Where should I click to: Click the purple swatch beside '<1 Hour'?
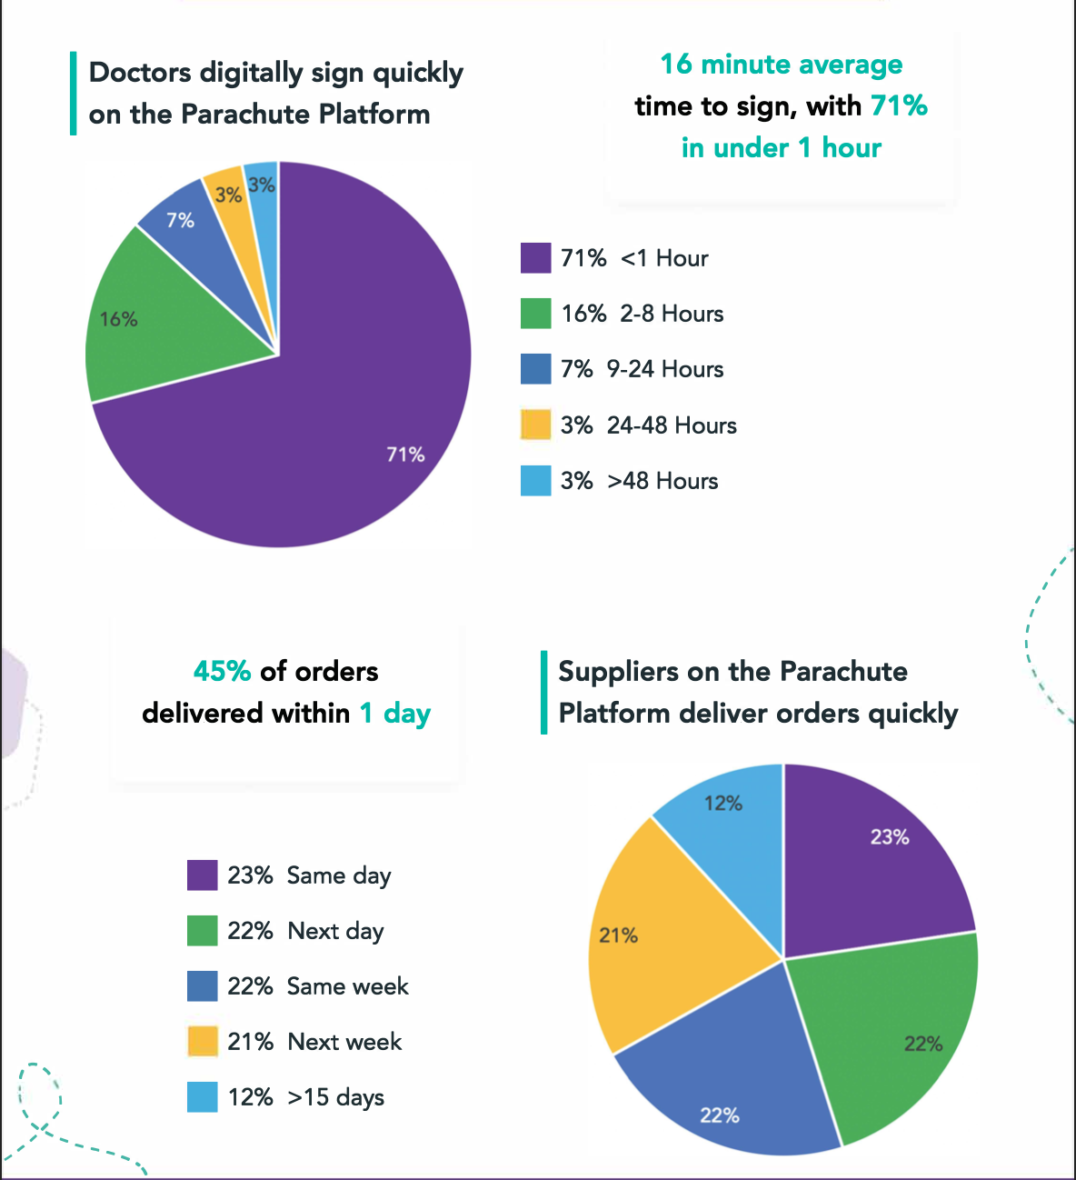(535, 258)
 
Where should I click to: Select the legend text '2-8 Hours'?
(672, 314)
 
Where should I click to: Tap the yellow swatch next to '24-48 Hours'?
(535, 425)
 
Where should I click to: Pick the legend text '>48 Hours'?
(663, 481)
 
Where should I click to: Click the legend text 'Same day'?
(339, 875)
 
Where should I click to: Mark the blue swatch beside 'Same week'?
(202, 986)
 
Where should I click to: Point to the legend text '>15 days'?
(335, 1097)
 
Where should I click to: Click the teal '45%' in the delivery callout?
(222, 671)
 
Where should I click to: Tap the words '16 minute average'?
(781, 65)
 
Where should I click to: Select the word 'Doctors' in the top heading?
(140, 73)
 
